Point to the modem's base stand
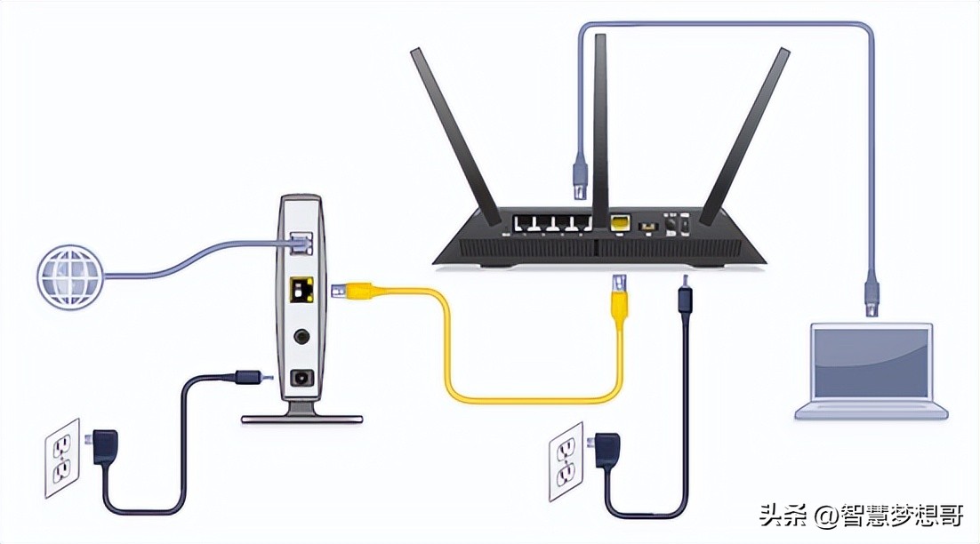pos(301,414)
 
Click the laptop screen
pos(872,364)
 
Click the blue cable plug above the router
pos(579,172)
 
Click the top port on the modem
pos(301,238)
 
